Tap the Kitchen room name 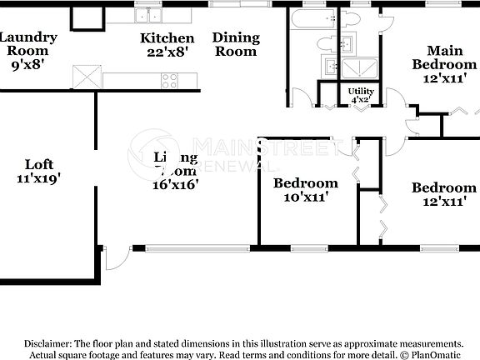click(x=167, y=37)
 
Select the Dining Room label click(x=236, y=44)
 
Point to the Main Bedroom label click(x=445, y=57)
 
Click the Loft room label click(x=39, y=164)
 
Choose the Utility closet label click(x=362, y=91)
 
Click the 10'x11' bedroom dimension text click(x=306, y=197)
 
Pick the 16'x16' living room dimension click(x=175, y=185)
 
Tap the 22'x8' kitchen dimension click(x=167, y=52)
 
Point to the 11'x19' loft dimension click(x=39, y=177)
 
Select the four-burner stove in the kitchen click(x=169, y=81)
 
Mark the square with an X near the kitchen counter click(x=85, y=77)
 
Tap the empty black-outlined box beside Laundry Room click(x=83, y=17)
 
